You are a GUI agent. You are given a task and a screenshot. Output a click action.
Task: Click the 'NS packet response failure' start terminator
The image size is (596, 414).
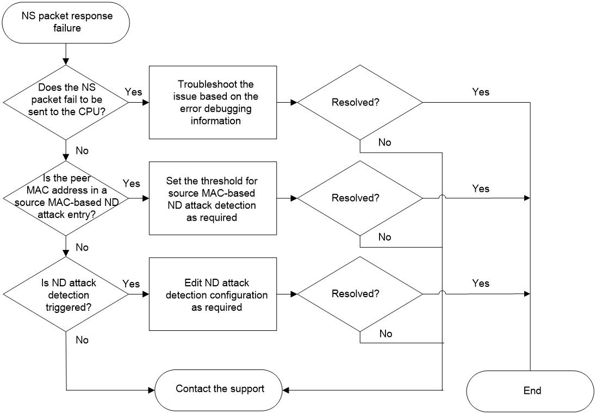pos(66,22)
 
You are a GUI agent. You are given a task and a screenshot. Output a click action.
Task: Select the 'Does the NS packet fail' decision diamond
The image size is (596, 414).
pos(66,102)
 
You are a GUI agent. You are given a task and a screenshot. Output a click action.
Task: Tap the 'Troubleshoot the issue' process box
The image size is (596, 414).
pos(213,102)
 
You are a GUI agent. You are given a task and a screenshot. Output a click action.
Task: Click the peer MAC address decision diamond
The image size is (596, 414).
pos(66,198)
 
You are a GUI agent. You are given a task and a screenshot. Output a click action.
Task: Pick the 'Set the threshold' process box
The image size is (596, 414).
pos(213,198)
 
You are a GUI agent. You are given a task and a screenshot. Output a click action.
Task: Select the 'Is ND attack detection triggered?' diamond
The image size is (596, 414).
pos(66,294)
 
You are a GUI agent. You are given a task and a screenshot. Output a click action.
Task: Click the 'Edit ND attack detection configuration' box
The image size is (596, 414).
pos(213,294)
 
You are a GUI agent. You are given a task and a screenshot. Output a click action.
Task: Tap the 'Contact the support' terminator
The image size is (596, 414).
pos(219,390)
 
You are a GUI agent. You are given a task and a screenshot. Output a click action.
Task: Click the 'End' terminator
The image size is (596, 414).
pos(530,391)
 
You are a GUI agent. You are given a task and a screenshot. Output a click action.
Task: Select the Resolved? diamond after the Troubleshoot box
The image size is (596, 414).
pos(360,102)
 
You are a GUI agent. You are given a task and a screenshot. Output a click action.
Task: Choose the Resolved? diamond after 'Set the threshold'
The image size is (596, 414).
pos(360,198)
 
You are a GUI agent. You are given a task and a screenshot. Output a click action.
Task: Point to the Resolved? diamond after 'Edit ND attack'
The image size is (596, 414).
pos(360,294)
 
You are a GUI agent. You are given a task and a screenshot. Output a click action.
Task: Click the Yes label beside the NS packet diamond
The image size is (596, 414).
pos(133,92)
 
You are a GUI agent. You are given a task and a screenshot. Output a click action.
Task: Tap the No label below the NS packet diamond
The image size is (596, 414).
pos(82,151)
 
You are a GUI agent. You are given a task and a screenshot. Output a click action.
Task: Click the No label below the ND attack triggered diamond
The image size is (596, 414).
pos(82,340)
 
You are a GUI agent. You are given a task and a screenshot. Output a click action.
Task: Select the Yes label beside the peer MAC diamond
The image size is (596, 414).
pos(132,184)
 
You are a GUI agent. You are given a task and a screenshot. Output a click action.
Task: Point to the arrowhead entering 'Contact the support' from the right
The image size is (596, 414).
pos(286,390)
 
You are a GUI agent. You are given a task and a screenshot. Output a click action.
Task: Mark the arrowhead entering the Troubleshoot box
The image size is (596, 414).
pos(146,102)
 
